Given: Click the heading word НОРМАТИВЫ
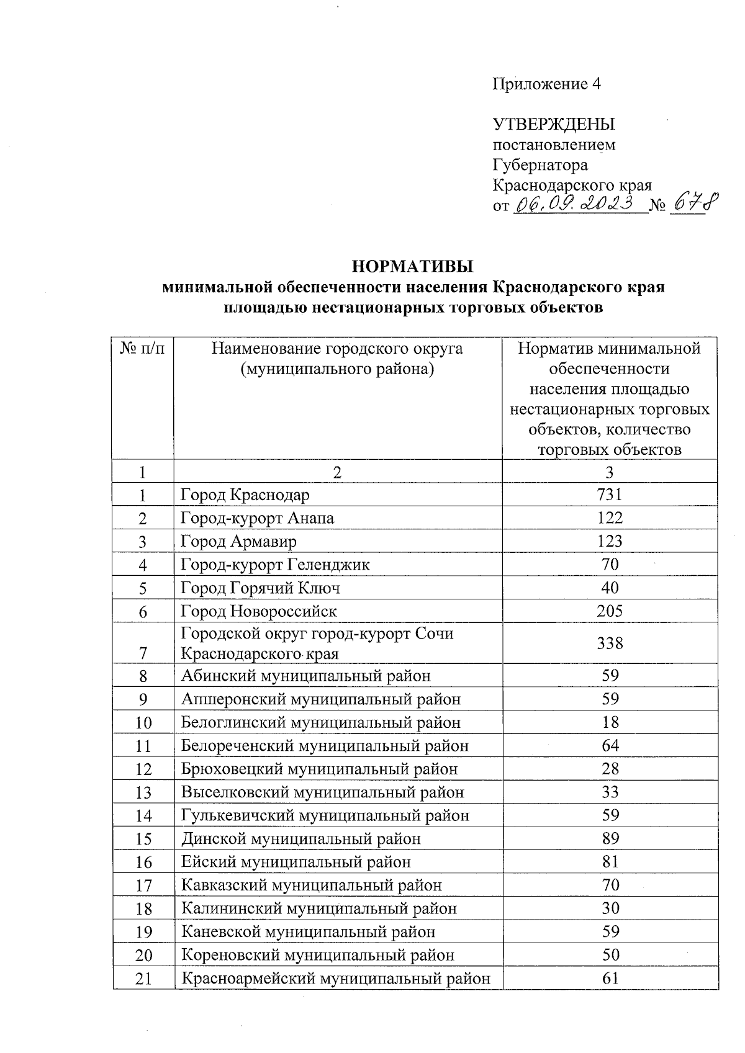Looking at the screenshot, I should pos(413,267).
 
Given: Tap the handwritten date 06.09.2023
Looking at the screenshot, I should pos(577,203).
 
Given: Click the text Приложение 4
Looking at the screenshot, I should pos(546,84).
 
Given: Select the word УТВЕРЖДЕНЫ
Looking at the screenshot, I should pos(553,124).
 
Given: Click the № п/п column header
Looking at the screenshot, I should pos(143,348).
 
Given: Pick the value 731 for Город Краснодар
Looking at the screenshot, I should pos(610,495).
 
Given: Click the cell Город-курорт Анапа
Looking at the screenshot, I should pos(257,518).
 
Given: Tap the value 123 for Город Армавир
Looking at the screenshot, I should pos(610,541).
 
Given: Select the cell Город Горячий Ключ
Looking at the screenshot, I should pos(260,588).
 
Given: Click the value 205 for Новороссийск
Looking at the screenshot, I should pos(610,611).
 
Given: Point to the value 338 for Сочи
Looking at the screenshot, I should pos(610,643).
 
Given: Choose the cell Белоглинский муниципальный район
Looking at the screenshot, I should pos(321,722).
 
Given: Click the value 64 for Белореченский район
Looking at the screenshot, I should pos(610,745).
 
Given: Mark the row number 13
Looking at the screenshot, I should pos(143,792).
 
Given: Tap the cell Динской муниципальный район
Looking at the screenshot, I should pos(301,839).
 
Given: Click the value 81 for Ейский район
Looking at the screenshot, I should pos(610,862).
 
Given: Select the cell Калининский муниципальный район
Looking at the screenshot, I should pos(319,908).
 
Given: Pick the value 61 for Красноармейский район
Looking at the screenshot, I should pos(610,979).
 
